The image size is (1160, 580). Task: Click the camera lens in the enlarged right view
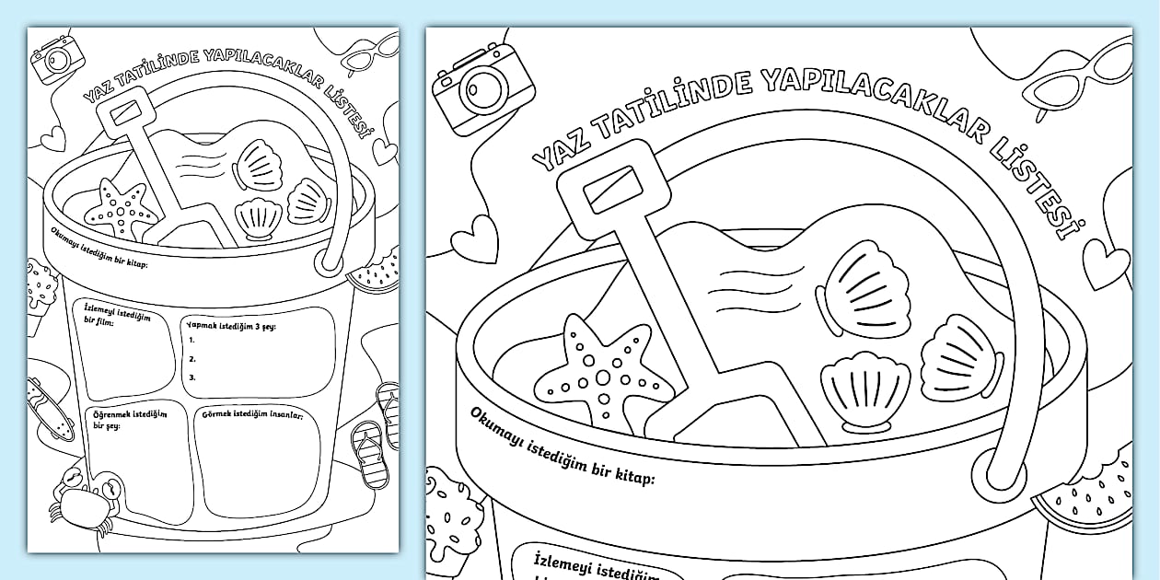point(483,90)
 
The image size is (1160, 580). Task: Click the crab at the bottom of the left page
point(87,497)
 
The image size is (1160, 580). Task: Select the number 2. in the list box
point(192,359)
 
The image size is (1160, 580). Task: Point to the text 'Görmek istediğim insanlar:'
point(252,414)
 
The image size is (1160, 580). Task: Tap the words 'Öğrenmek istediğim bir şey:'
point(130,419)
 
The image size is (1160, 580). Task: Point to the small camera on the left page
point(57,59)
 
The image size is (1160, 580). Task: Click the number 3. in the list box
point(192,377)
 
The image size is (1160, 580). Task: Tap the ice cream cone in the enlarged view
point(449,523)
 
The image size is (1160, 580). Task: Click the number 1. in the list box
point(192,341)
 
